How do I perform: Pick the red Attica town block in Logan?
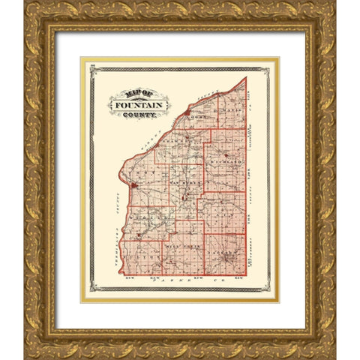[x=186, y=114]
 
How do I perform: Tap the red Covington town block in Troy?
[x=133, y=184]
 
